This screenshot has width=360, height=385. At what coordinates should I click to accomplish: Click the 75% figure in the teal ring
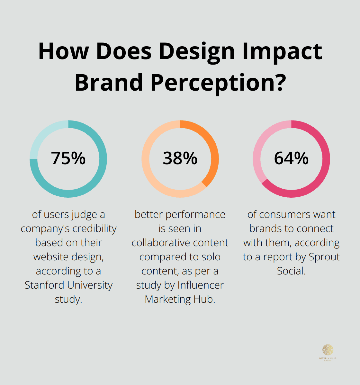click(x=68, y=158)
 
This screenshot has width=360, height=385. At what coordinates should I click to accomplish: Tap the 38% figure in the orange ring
click(x=180, y=158)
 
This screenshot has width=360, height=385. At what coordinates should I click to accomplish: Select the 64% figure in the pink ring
click(x=291, y=158)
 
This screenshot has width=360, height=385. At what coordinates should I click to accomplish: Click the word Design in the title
click(x=197, y=51)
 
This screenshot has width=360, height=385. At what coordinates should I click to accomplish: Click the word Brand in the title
click(x=109, y=82)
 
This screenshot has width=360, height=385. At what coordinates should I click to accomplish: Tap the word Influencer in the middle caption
click(x=201, y=285)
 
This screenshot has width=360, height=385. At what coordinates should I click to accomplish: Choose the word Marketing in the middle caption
click(x=167, y=299)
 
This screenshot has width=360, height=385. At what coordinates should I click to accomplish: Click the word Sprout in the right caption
click(x=324, y=257)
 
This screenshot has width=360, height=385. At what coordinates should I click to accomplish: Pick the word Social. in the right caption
click(x=291, y=271)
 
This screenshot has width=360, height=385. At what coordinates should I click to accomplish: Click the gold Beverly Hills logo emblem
click(x=328, y=350)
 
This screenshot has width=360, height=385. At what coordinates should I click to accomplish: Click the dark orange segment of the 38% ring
click(x=211, y=148)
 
